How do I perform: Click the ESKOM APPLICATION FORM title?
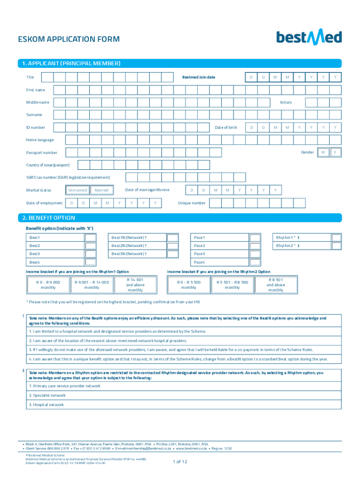click(x=68, y=39)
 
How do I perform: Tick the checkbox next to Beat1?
click(x=91, y=238)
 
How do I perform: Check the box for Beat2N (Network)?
click(x=173, y=246)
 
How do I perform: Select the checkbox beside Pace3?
click(x=255, y=254)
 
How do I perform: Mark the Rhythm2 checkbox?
click(x=336, y=246)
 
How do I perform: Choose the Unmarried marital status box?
click(x=77, y=190)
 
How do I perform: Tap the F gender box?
click(x=335, y=152)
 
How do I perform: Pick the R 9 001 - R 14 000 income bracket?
click(x=92, y=284)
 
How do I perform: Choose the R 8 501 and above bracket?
click(x=275, y=284)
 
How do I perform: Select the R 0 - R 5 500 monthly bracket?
click(x=189, y=284)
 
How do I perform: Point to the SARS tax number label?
click(x=68, y=177)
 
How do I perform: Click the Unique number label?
click(x=192, y=203)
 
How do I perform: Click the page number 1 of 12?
click(x=180, y=462)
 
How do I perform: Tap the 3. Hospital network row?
click(x=47, y=405)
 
